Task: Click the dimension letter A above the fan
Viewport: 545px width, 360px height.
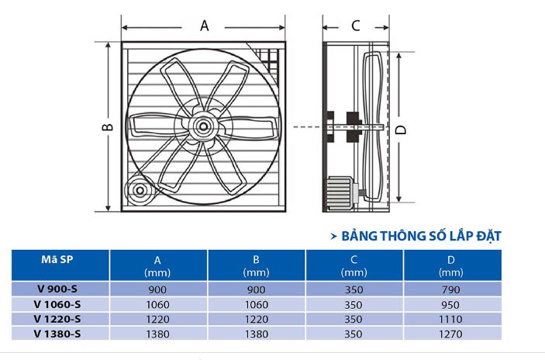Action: (205, 25)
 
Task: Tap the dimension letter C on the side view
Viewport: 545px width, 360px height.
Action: (355, 25)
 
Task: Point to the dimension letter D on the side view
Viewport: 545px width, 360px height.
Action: (402, 129)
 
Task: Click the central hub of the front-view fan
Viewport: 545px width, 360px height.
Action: (203, 125)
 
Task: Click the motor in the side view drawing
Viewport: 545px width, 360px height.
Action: (340, 190)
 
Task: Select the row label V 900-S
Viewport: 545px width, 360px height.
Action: (59, 289)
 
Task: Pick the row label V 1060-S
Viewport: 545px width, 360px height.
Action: (59, 304)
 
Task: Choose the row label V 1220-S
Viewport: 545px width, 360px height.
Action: (59, 319)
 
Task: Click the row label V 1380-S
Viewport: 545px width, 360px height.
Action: (59, 334)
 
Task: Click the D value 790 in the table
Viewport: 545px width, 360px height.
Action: (450, 289)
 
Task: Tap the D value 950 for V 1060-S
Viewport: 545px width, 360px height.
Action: (450, 304)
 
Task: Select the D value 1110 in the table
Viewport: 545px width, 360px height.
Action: (450, 319)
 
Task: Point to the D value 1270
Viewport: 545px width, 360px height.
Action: (450, 334)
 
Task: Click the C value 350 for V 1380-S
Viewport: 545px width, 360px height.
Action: (354, 334)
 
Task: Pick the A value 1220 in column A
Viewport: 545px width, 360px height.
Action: (158, 319)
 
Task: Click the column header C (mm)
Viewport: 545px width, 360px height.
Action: (354, 265)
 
